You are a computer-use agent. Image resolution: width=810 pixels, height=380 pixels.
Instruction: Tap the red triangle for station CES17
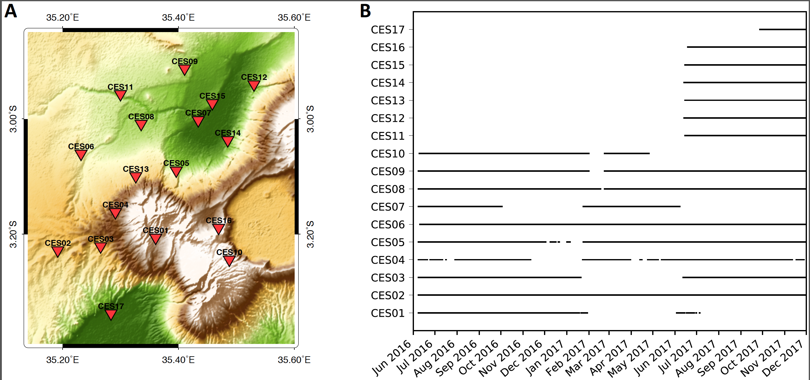(x=111, y=314)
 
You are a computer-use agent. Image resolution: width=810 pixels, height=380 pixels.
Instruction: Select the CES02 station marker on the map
(x=58, y=251)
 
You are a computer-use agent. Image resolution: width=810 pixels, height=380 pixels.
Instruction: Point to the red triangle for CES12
(x=253, y=85)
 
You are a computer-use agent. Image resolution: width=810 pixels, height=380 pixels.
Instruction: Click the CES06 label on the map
(x=81, y=147)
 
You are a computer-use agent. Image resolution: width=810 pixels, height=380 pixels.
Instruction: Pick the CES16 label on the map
(x=219, y=221)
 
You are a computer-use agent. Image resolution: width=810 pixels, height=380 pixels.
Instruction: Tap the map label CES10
(x=229, y=252)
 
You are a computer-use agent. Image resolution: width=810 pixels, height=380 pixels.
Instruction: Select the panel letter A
(x=10, y=11)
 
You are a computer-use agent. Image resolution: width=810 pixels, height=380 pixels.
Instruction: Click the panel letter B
(x=365, y=11)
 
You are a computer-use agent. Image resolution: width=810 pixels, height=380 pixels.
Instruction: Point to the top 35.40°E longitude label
(x=178, y=18)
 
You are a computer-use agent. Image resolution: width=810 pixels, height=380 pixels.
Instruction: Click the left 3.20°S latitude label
(x=13, y=234)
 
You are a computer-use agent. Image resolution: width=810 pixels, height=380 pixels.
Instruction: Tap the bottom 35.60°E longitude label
(x=294, y=360)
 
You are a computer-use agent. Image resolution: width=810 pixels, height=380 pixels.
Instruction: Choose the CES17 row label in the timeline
(x=387, y=30)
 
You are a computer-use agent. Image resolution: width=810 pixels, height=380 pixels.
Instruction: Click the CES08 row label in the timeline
(x=387, y=189)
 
